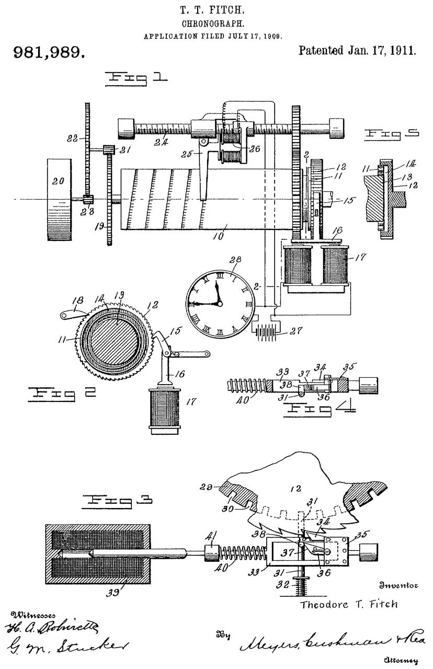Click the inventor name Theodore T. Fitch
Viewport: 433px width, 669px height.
(x=349, y=604)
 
